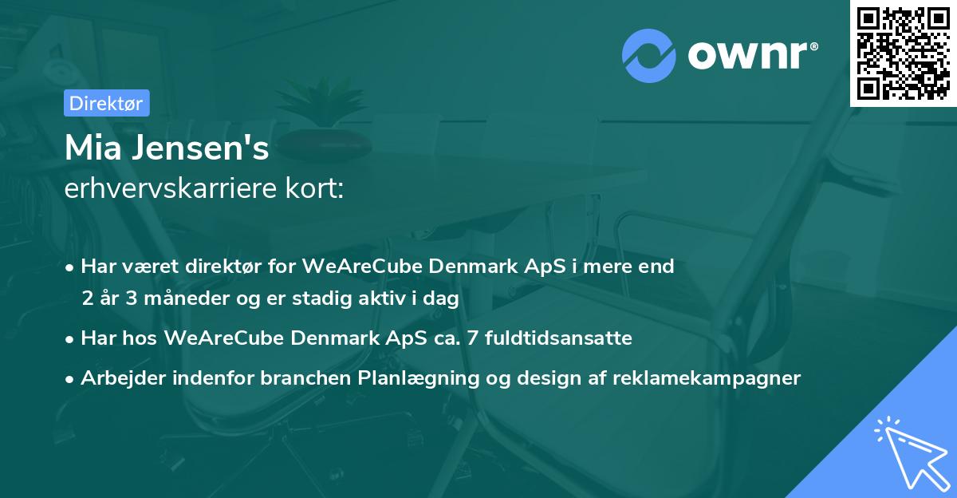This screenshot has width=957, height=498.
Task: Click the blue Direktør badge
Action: [107, 103]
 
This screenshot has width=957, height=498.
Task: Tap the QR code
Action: [903, 53]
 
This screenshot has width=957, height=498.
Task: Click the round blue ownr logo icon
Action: [648, 56]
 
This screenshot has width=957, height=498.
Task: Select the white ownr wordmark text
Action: [747, 56]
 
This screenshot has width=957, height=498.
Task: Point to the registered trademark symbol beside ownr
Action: [814, 46]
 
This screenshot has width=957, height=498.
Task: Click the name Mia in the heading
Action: [93, 148]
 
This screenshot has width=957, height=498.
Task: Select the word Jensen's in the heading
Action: [200, 148]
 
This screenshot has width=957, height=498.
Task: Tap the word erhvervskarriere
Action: [171, 188]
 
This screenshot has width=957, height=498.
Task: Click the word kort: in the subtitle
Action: [315, 188]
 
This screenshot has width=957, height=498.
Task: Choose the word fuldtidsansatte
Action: [558, 338]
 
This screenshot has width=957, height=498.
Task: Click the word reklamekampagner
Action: [707, 378]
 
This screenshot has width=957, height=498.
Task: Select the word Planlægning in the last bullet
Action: [419, 378]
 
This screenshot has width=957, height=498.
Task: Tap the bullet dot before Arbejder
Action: [69, 379]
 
